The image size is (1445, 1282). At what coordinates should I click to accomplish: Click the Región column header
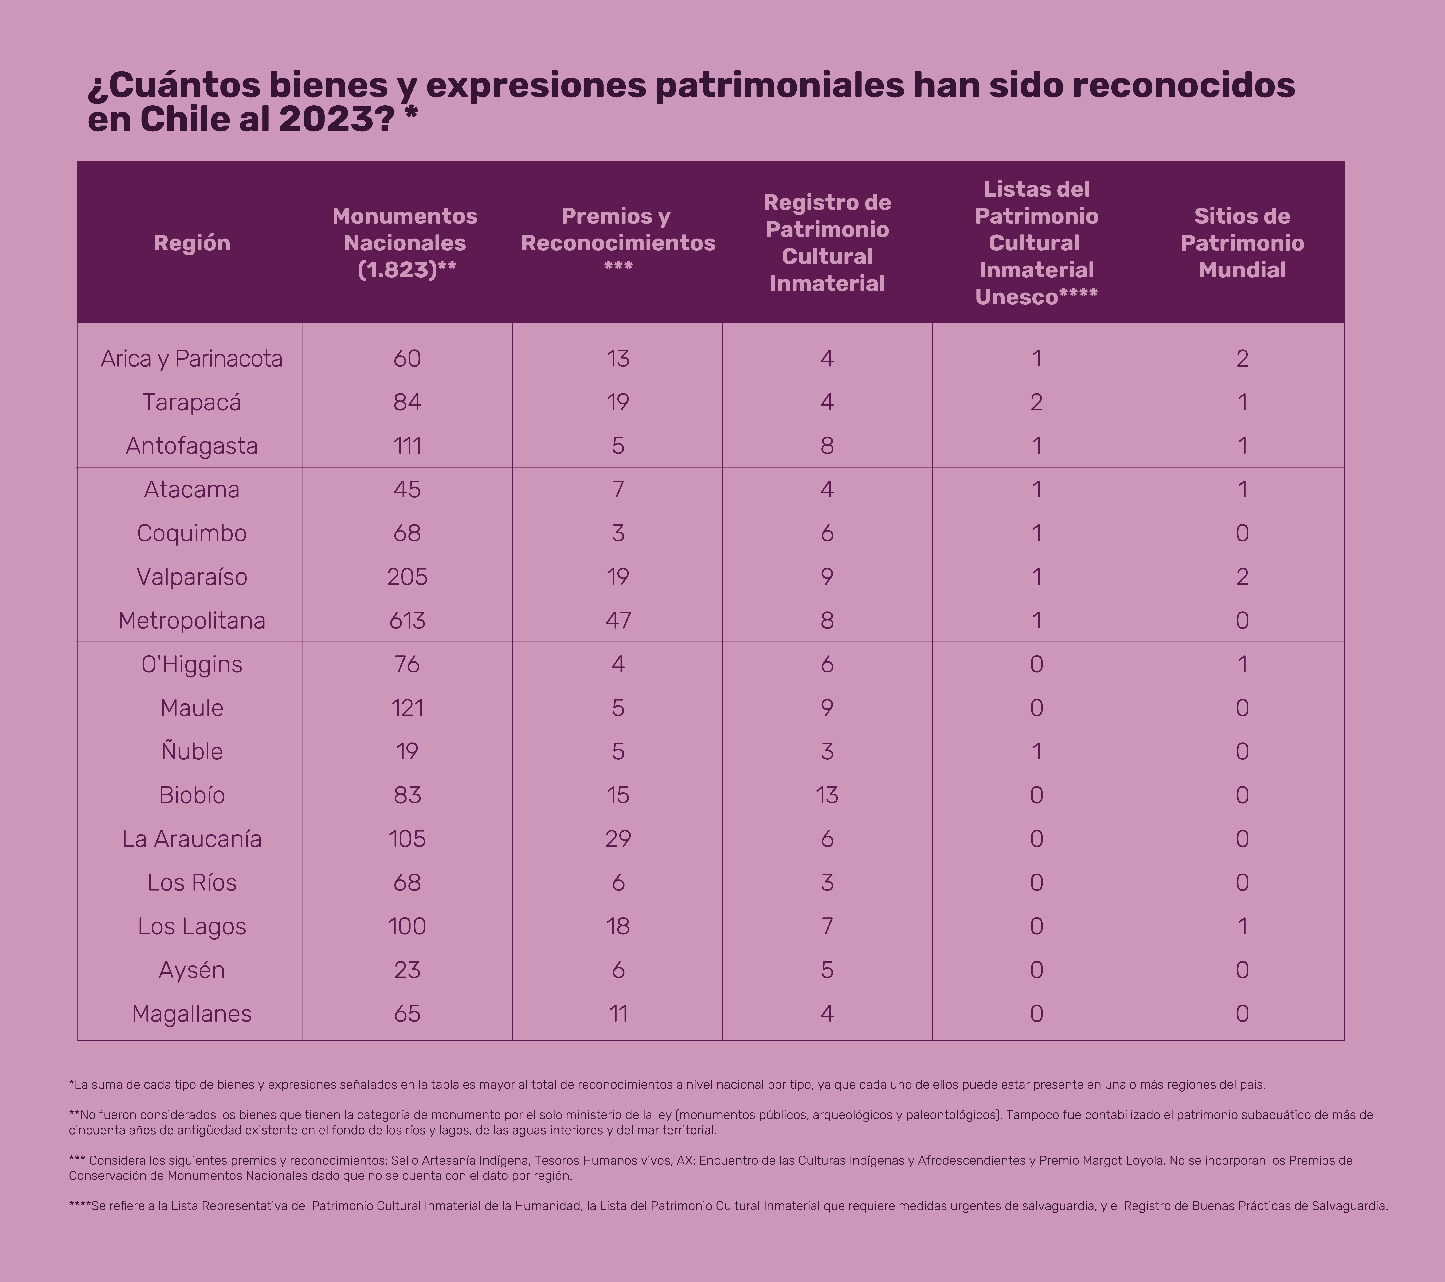coord(192,243)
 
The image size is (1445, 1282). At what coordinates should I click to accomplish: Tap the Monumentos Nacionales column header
coord(405,243)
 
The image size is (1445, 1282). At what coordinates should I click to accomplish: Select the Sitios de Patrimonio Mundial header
coord(1242,243)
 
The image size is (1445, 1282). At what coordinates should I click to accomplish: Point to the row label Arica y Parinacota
coord(192,359)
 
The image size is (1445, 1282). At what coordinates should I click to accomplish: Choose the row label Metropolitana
coord(192,620)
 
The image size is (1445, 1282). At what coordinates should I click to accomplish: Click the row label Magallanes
coord(192,1013)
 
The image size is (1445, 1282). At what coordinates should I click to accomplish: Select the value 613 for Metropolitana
coord(407,620)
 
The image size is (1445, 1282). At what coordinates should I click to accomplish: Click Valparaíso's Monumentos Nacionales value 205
coord(407,576)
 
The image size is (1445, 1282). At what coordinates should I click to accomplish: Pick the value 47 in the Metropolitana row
coord(618,620)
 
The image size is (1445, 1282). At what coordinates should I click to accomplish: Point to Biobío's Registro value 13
coord(827,795)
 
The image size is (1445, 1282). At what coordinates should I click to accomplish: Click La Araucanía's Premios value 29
coord(618,839)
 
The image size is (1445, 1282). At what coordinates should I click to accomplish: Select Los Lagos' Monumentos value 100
coord(407,926)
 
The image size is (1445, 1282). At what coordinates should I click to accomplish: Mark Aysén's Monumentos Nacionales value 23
coord(407,969)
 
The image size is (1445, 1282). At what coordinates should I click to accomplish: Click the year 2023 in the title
coord(324,119)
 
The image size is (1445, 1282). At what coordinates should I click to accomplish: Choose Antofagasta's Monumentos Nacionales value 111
coord(407,446)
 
